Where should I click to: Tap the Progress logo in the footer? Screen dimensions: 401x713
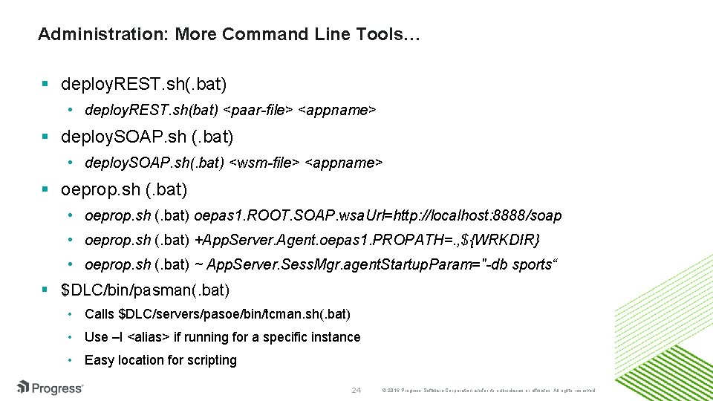[50, 388]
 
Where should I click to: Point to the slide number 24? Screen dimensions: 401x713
[356, 390]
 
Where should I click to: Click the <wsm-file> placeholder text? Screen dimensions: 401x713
[265, 163]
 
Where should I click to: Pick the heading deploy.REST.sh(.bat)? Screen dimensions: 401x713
[144, 82]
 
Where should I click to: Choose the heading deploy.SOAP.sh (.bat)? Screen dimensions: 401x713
[147, 137]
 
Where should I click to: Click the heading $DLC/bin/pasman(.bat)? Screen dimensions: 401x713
[146, 289]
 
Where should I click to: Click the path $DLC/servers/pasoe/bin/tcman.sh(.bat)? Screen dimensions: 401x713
[234, 314]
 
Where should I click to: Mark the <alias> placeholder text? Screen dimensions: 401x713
[149, 337]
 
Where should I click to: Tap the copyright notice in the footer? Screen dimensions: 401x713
[487, 391]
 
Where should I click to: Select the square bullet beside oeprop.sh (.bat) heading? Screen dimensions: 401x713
[46, 190]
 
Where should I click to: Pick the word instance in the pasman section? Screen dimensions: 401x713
[332, 337]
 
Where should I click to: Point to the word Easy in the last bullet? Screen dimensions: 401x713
[98, 360]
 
